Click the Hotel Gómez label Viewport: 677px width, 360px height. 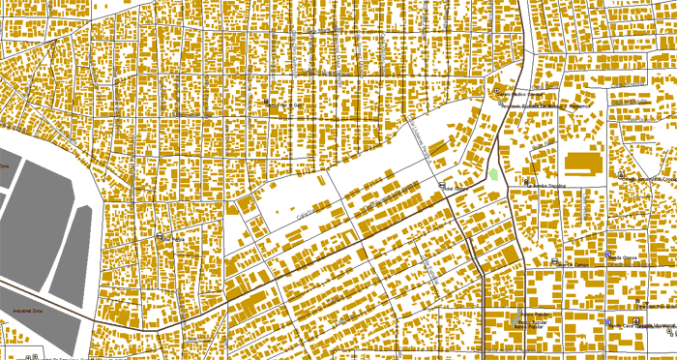(456, 187)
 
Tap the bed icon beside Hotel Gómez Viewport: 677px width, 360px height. (444, 187)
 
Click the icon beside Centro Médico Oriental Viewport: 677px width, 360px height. (501, 93)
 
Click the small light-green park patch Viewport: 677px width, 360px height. (495, 175)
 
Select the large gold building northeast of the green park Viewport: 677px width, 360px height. (583, 163)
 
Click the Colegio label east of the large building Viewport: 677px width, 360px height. (646, 179)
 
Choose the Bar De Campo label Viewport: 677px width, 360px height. (576, 263)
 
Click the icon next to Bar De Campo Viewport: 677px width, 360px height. (554, 262)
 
